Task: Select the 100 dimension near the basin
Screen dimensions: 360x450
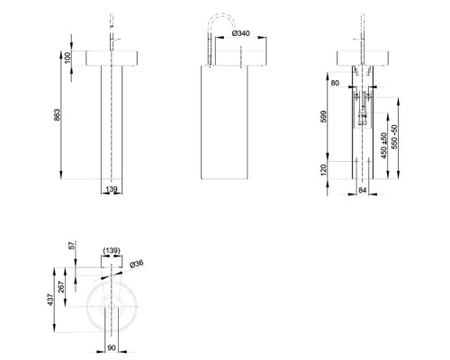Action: pos(67,57)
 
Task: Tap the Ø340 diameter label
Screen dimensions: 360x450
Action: pos(240,33)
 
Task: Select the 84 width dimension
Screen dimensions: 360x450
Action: pos(362,190)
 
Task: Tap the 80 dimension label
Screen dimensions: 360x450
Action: pos(336,84)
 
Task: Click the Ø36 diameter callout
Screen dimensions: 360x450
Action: pos(137,264)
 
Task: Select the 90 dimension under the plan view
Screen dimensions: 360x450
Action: pos(112,346)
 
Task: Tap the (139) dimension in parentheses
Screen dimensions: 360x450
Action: pos(112,250)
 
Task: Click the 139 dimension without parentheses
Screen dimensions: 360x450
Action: pos(112,190)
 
